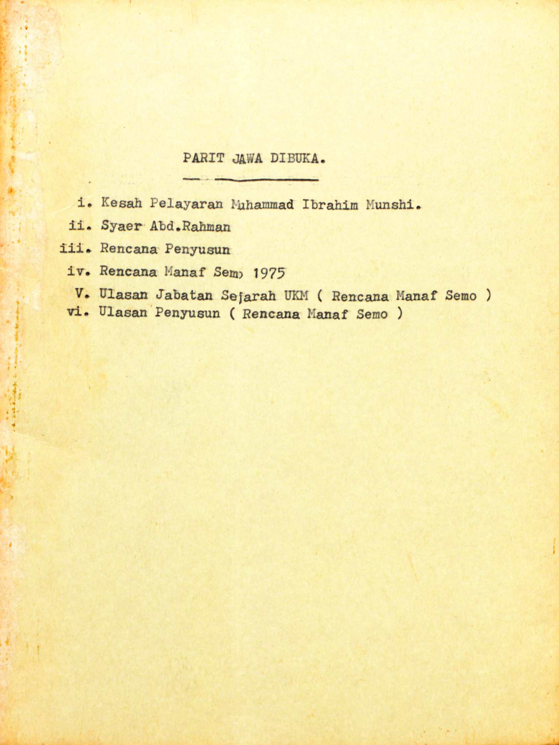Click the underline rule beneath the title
[x=251, y=180]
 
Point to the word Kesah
[x=121, y=203]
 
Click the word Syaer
[x=118, y=227]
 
